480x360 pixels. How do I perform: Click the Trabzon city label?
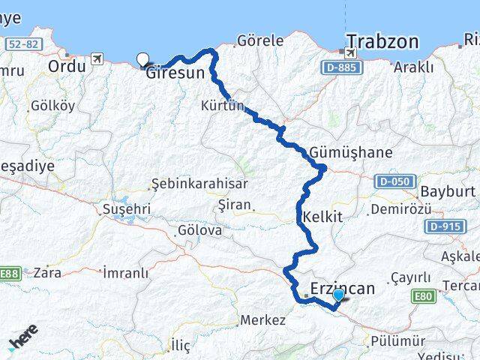tap(382, 41)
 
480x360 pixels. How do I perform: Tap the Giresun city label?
tap(175, 73)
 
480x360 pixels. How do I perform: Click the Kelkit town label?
tap(322, 217)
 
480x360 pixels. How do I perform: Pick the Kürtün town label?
tap(223, 106)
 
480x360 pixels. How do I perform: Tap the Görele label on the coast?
tap(260, 40)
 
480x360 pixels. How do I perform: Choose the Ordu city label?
tap(67, 66)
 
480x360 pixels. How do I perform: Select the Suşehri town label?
tap(127, 208)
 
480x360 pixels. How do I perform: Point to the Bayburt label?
tap(448, 190)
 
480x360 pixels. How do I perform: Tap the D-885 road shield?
tap(344, 68)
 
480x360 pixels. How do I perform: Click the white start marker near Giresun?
tap(142, 59)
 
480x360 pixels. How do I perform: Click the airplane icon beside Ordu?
tap(96, 58)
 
